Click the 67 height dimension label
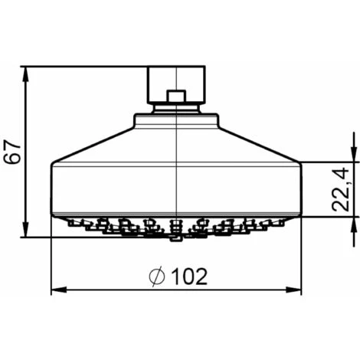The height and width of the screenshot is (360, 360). [12, 152]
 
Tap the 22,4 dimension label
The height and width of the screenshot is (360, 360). [340, 189]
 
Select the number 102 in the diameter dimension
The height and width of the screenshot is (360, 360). [189, 277]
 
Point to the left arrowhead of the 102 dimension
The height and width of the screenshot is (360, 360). [59, 290]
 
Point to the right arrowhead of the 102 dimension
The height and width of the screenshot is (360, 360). [293, 290]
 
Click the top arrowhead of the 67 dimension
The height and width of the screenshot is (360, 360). [25, 74]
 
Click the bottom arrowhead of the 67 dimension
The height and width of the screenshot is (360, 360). [25, 229]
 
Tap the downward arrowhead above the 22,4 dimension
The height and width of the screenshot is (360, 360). [354, 154]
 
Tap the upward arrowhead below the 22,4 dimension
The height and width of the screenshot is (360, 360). [354, 224]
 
